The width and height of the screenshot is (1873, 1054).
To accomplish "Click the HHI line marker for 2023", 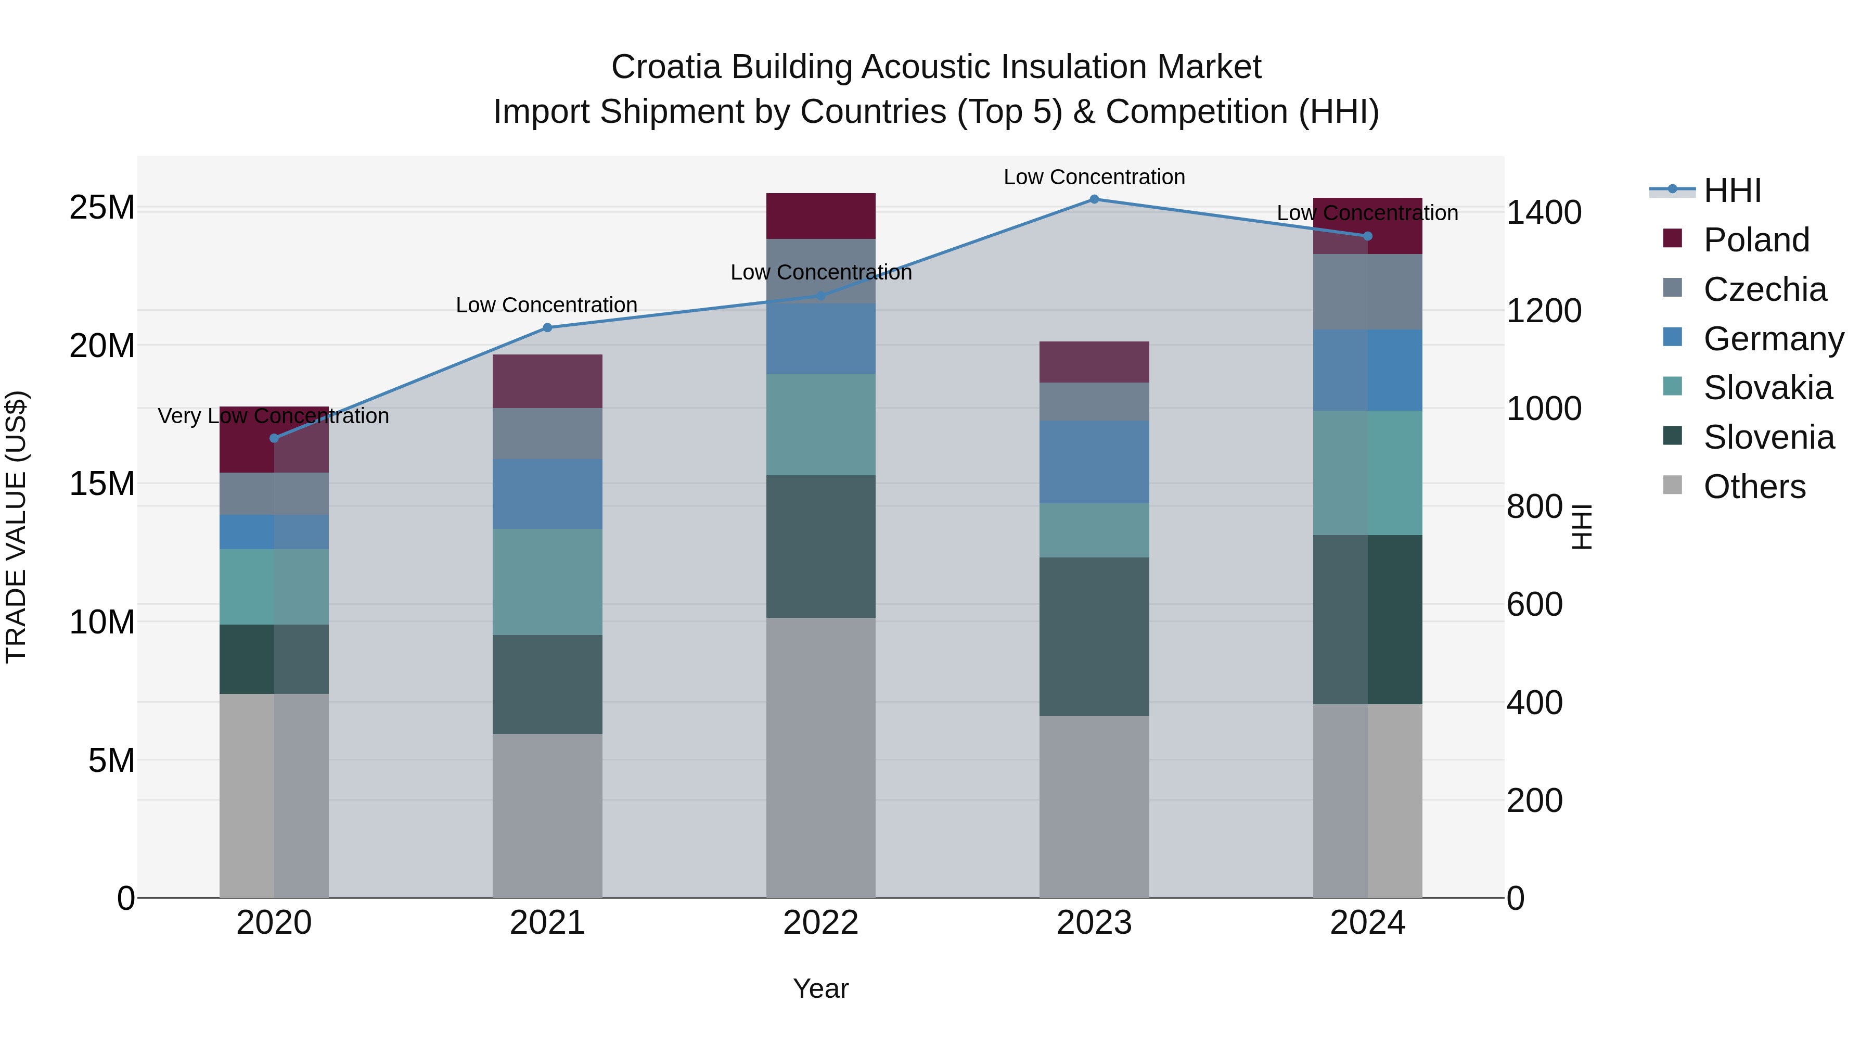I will [1094, 199].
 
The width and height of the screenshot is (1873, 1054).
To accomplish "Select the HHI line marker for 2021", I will [547, 327].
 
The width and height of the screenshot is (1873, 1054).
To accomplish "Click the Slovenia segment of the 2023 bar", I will [1094, 637].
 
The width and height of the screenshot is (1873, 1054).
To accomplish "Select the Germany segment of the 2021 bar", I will [547, 494].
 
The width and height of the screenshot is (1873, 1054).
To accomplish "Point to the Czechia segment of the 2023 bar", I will [1094, 401].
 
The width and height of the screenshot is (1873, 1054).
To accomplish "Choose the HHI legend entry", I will [1732, 191].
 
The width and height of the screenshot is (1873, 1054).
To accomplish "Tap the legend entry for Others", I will [1754, 487].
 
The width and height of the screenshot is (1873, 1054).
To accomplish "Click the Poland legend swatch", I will [1672, 238].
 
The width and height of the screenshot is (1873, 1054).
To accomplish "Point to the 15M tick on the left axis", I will [102, 484].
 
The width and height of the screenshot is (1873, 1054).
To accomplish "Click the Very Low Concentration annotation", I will [273, 416].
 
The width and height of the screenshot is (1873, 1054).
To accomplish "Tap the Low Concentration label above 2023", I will [1094, 177].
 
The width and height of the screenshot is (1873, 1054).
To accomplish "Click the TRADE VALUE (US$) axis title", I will [16, 527].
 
